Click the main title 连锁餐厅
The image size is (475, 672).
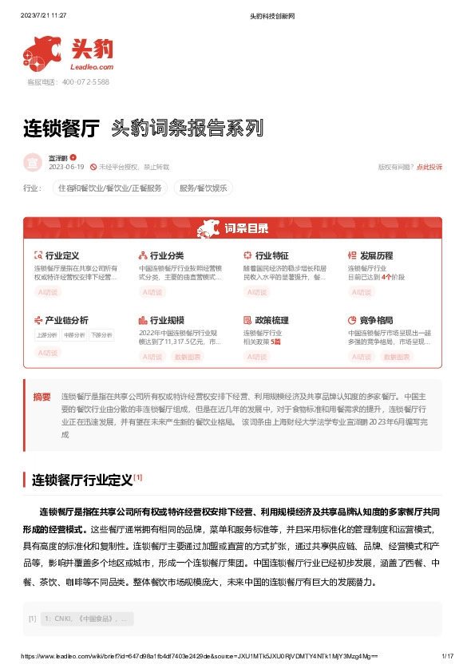[62, 128]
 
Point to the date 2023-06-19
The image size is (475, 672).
[66, 167]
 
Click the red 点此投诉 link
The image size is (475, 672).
[429, 167]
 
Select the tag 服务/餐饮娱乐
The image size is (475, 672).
[203, 188]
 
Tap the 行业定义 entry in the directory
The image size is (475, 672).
[61, 255]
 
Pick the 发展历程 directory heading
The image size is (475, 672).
[376, 255]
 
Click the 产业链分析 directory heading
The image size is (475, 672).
[66, 320]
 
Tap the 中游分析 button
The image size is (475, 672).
[74, 335]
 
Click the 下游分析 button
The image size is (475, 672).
[101, 335]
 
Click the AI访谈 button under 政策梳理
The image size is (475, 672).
[257, 357]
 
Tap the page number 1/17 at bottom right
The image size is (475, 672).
[446, 656]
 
